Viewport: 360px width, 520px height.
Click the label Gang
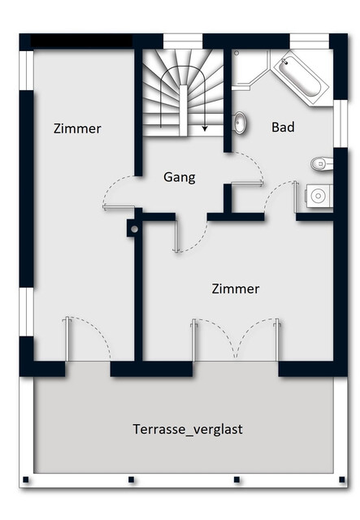click(x=179, y=177)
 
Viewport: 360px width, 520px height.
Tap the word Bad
click(x=282, y=128)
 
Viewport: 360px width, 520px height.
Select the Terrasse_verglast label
click(x=187, y=429)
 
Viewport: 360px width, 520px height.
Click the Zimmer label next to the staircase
click(x=77, y=128)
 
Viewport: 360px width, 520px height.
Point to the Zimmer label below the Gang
click(x=235, y=289)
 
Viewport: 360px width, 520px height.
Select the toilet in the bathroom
click(x=322, y=164)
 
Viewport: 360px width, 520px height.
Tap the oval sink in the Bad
click(x=241, y=123)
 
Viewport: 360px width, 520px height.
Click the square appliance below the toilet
click(x=319, y=196)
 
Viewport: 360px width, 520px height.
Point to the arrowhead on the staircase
click(x=205, y=128)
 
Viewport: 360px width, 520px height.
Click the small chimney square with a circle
click(x=132, y=230)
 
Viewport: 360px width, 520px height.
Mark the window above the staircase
click(x=183, y=41)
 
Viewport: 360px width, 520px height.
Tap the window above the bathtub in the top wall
click(x=309, y=41)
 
